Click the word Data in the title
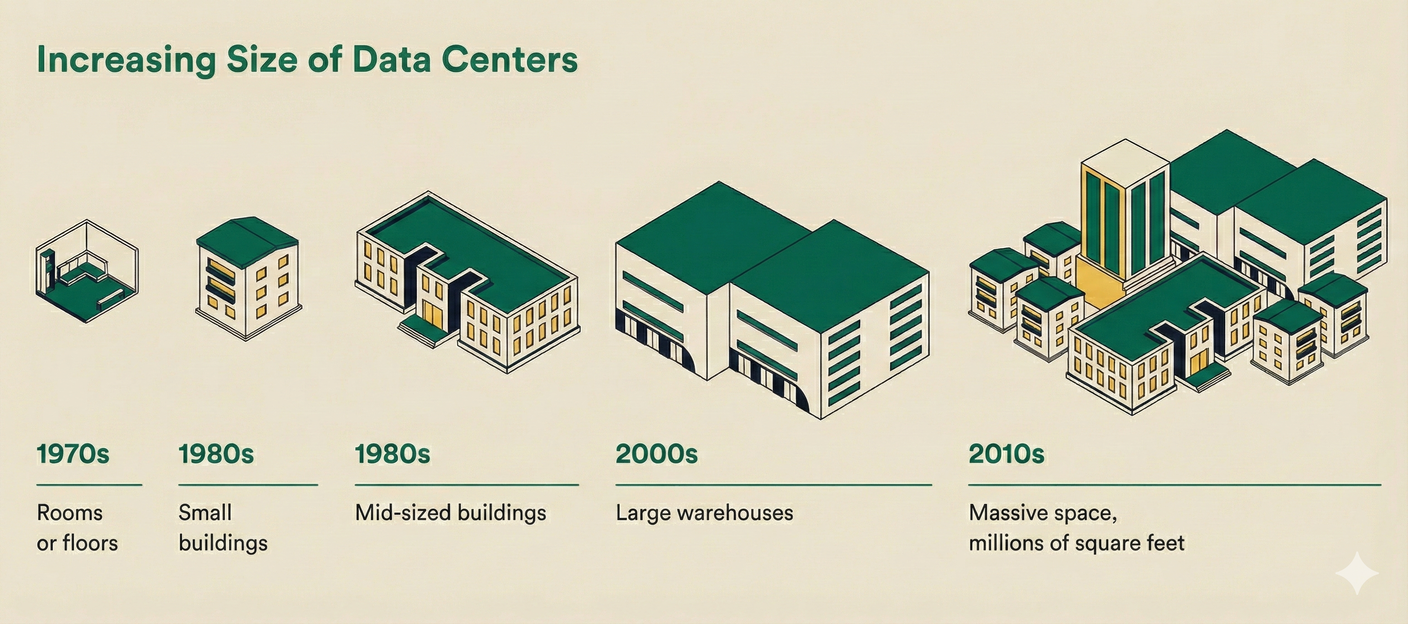point(391,60)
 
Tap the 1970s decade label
point(73,454)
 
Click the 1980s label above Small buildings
point(216,454)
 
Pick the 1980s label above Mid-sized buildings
point(392,454)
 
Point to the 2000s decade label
point(656,454)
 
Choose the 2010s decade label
point(1006,454)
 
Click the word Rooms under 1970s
point(69,513)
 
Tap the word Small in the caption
point(205,513)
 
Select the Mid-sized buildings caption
point(450,513)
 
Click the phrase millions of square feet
point(1076,544)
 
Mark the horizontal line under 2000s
point(773,485)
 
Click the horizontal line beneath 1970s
point(89,485)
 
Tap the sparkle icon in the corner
point(1357,573)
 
